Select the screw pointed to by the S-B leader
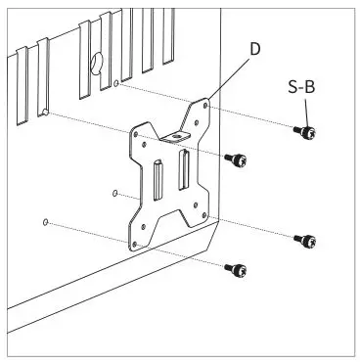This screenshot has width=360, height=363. click(305, 131)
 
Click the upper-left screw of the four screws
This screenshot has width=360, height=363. click(235, 158)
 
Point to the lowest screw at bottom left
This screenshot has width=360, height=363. click(235, 268)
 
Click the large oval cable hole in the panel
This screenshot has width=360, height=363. click(97, 65)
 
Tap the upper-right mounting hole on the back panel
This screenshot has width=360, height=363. click(117, 85)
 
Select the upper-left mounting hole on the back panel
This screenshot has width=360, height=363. click(45, 114)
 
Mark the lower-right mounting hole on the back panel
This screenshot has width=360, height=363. click(115, 193)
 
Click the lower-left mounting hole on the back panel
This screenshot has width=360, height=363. click(46, 223)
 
